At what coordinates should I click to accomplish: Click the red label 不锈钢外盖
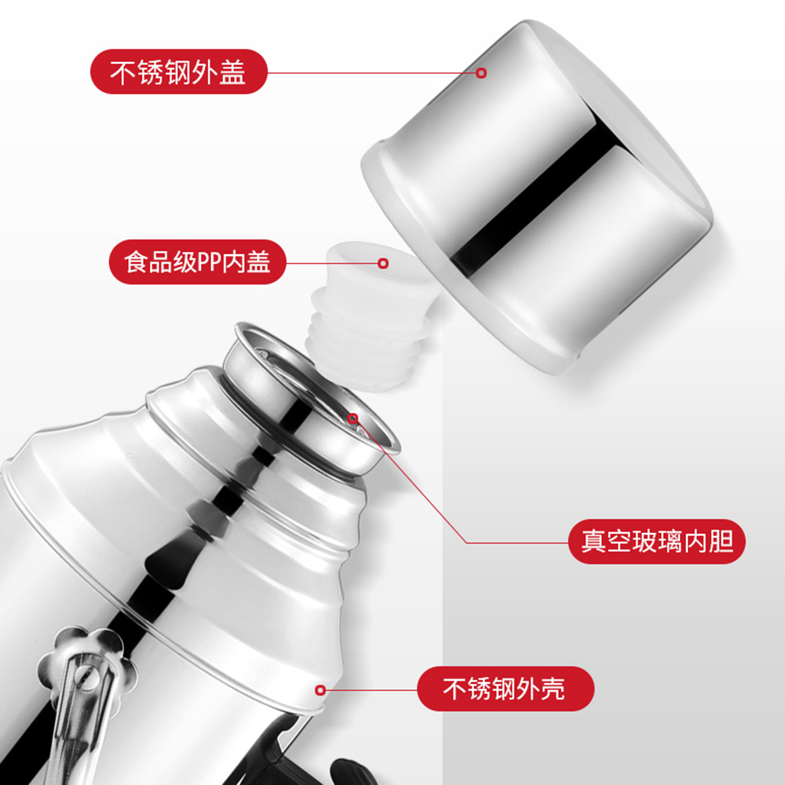[x=179, y=71]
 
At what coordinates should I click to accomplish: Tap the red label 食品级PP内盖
[x=197, y=262]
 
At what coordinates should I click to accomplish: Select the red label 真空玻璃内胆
[x=657, y=541]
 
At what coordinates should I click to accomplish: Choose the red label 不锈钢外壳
[x=506, y=688]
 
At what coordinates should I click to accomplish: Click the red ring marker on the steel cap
[x=481, y=73]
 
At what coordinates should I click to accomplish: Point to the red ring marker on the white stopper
[x=383, y=263]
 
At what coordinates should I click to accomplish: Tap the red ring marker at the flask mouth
[x=353, y=418]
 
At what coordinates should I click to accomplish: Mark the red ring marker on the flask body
[x=320, y=690]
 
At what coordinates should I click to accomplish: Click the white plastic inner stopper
[x=370, y=316]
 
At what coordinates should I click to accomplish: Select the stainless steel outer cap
[x=537, y=196]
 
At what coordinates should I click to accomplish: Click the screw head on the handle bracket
[x=86, y=676]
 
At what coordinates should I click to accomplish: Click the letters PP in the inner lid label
[x=210, y=262]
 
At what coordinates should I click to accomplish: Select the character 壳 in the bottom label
[x=553, y=688]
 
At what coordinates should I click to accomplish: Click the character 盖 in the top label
[x=233, y=71]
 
